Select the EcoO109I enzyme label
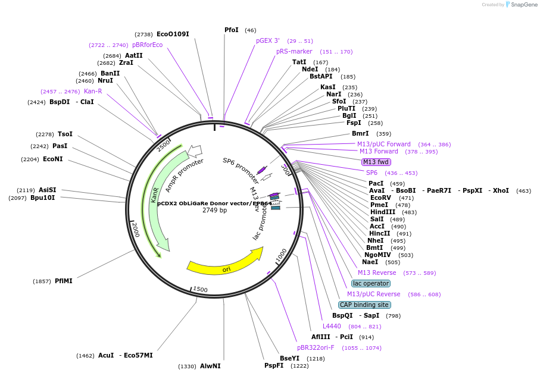click(173, 34)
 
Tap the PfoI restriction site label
click(232, 30)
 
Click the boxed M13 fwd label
click(376, 162)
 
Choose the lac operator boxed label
click(371, 283)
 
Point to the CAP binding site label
click(364, 305)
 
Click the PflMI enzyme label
click(64, 281)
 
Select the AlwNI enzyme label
click(210, 366)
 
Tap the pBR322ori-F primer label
click(316, 347)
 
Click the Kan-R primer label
click(93, 91)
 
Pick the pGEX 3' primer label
click(268, 40)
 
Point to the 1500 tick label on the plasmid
click(200, 290)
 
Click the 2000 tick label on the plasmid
click(136, 229)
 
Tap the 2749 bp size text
click(214, 210)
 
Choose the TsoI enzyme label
click(65, 134)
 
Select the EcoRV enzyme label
click(380, 198)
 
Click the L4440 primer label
click(332, 326)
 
